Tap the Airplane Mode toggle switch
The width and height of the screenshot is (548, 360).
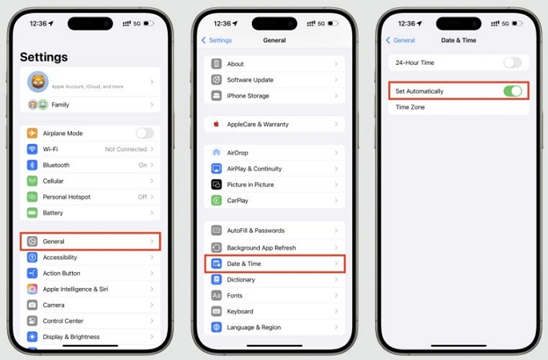pos(144,133)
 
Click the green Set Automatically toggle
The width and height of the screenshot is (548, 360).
pos(512,91)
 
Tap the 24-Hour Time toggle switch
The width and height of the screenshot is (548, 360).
pos(512,62)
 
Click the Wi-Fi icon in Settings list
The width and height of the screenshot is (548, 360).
pos(32,149)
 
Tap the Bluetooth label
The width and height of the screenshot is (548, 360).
pos(56,165)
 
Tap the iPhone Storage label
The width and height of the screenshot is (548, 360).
pos(248,96)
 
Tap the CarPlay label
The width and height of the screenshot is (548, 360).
pos(238,201)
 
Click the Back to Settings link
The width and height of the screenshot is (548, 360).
pos(217,40)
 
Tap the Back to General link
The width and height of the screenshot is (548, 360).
pos(401,40)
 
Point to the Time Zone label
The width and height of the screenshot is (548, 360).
pos(410,107)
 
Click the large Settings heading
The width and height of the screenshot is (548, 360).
pos(44,58)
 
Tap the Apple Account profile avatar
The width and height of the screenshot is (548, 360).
pos(38,81)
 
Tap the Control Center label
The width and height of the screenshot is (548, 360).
pos(64,321)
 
